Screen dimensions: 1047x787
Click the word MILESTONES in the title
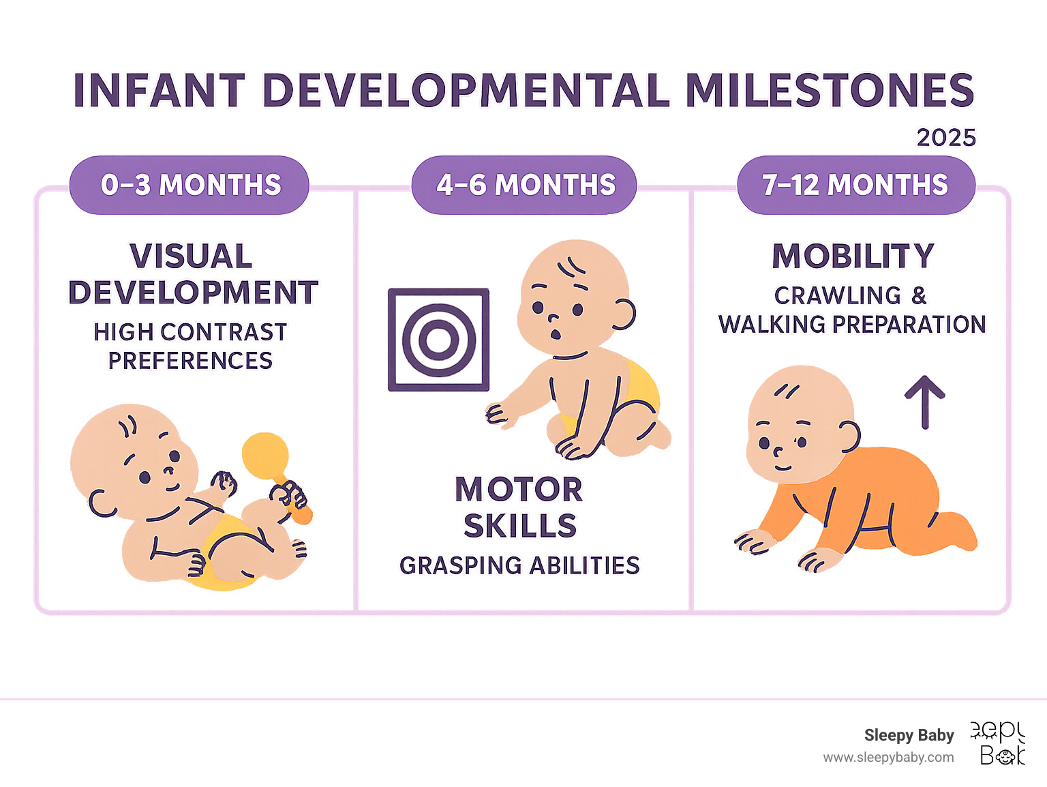(830, 90)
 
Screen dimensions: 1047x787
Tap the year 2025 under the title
(946, 138)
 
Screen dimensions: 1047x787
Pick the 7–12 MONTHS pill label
(855, 185)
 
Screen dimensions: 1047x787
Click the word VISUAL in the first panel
(191, 256)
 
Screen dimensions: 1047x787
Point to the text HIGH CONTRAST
(190, 332)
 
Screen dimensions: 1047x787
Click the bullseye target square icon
(438, 340)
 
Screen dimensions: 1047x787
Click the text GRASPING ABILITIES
(519, 565)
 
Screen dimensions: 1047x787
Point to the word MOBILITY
(853, 256)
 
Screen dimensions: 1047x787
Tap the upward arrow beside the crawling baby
(925, 402)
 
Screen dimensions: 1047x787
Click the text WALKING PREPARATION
(852, 325)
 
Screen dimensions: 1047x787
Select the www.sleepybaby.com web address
(888, 758)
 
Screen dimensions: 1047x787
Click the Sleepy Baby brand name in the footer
(909, 735)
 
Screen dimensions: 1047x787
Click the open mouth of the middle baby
(556, 334)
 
